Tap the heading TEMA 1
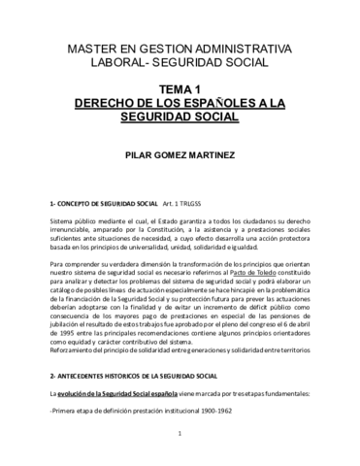click(x=180, y=88)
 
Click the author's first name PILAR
click(x=129, y=153)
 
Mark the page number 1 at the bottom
click(x=180, y=448)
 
